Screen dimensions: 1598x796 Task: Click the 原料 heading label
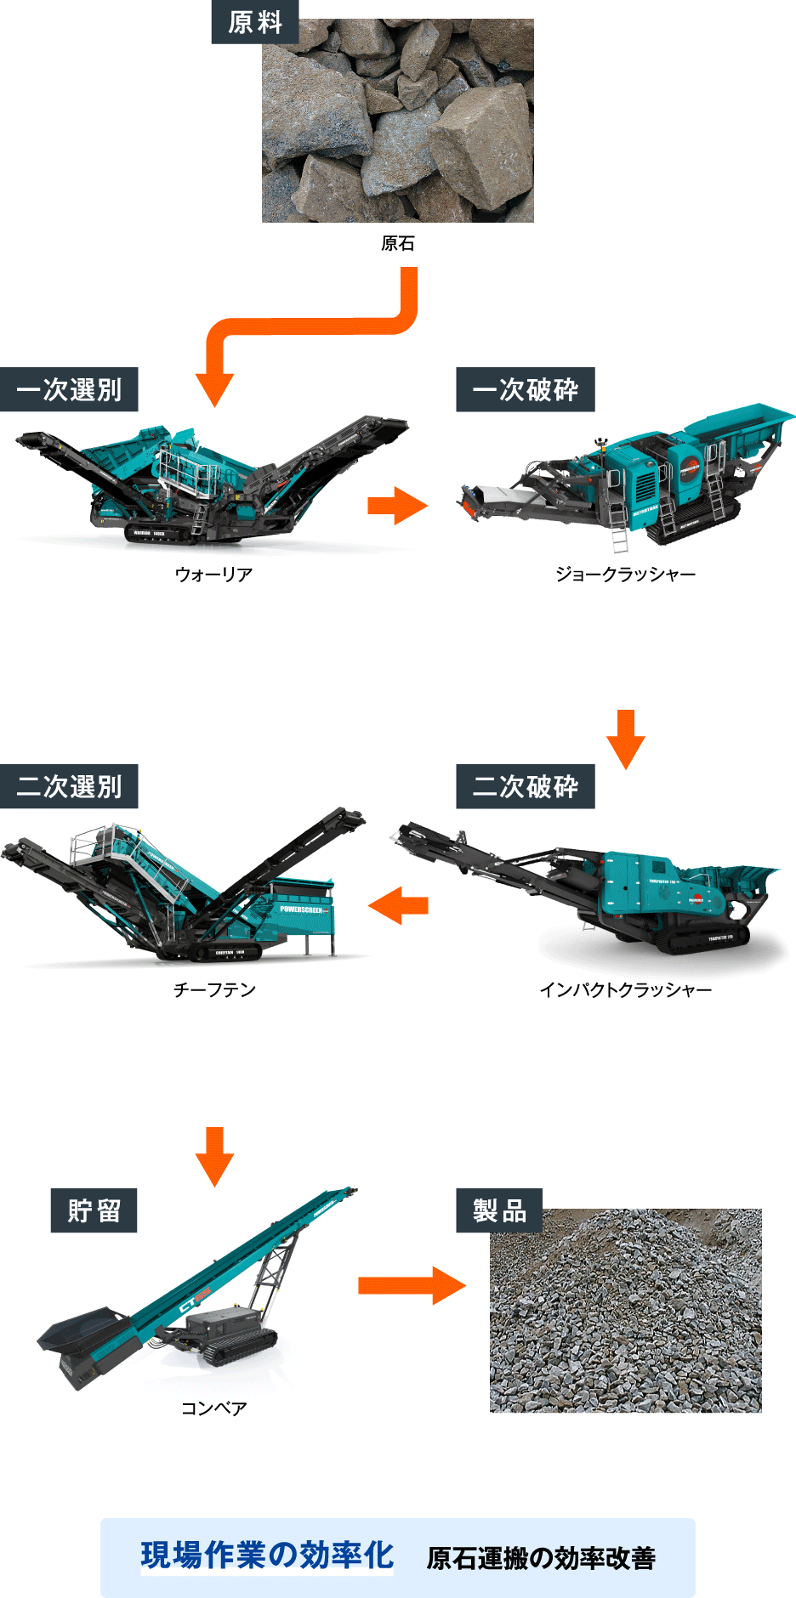tap(255, 22)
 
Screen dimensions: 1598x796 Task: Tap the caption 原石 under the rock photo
tap(397, 244)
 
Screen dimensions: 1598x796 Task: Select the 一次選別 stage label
tap(69, 390)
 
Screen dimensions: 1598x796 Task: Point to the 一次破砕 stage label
tap(525, 390)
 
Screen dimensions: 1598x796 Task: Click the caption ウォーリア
tap(213, 575)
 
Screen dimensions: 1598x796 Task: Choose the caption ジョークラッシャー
tap(625, 575)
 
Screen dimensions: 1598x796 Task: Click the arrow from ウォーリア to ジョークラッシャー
tap(397, 506)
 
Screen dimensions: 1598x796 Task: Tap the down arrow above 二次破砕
tap(626, 739)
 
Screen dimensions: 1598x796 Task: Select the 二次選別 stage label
tap(69, 787)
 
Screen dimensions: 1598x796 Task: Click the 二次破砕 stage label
tap(525, 787)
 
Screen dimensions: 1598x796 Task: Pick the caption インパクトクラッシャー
tap(625, 990)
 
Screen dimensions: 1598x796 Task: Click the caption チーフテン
tap(214, 990)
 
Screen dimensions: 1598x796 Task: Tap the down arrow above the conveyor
tap(214, 1156)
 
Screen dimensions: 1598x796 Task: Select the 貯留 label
tap(94, 1210)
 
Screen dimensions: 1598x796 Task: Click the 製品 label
tap(499, 1210)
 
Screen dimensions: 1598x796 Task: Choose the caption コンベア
tap(214, 1408)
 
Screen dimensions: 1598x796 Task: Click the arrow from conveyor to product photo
tap(412, 1285)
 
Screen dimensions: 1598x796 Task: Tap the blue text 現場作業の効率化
tap(267, 1555)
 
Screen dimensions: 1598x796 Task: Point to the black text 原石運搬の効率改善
tap(541, 1558)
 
